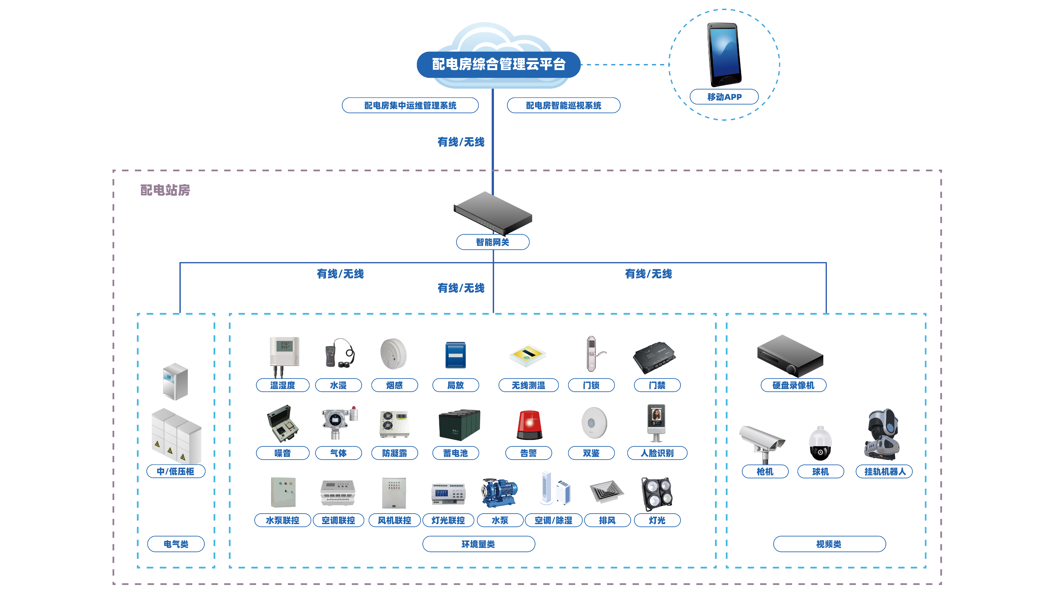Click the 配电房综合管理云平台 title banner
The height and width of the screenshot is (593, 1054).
[498, 64]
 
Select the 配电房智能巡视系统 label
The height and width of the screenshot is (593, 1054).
[563, 106]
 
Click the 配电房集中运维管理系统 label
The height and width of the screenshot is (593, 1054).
[410, 106]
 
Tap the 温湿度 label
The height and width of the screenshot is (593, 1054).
[282, 385]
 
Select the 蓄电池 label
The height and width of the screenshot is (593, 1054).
[455, 453]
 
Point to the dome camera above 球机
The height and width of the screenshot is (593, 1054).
[820, 444]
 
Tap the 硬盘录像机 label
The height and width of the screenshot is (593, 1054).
[793, 385]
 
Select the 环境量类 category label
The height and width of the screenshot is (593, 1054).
[478, 544]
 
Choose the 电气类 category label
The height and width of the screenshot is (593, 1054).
[176, 544]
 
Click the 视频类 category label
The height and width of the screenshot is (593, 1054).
[829, 544]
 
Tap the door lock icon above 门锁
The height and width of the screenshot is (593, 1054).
[591, 354]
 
